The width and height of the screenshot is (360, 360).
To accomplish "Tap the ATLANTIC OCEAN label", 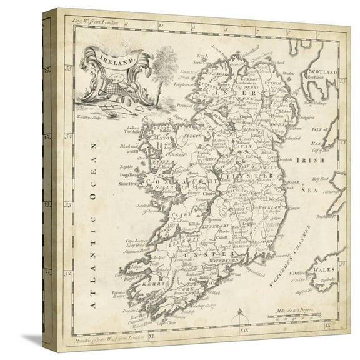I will click(x=92, y=225).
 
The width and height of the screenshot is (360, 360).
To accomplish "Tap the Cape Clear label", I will click(x=165, y=323).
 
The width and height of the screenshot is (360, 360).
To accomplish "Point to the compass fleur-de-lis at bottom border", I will click(x=239, y=321).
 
